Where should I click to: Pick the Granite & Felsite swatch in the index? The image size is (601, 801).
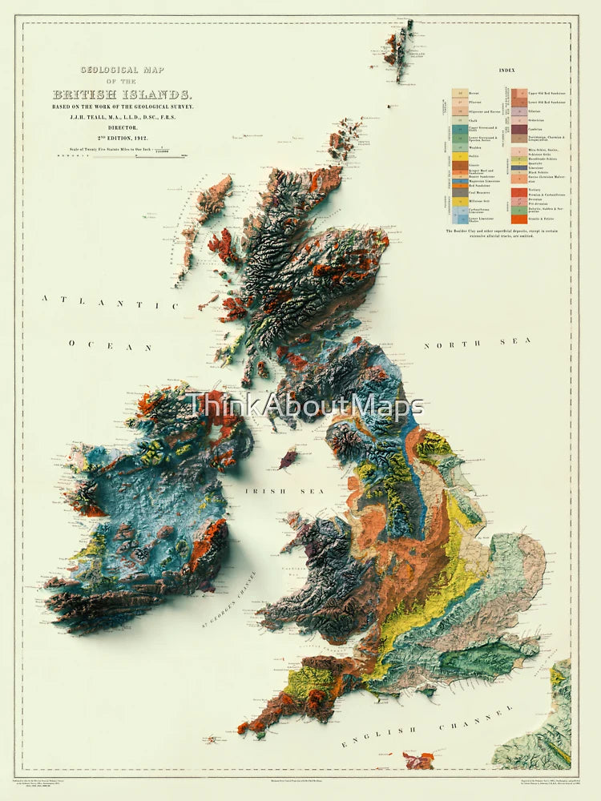[520, 219]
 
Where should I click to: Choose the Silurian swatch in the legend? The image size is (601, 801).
[520, 111]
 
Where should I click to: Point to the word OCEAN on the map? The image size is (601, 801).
[111, 346]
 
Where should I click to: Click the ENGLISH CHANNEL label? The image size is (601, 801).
[426, 726]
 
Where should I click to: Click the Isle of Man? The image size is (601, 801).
[288, 459]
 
